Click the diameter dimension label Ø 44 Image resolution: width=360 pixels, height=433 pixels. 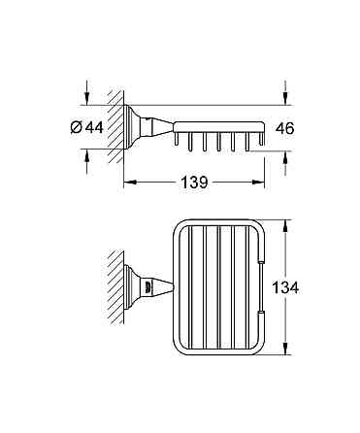pyautogui.click(x=86, y=127)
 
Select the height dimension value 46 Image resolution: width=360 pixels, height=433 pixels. pyautogui.click(x=284, y=128)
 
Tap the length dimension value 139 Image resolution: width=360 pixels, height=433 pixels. pyautogui.click(x=194, y=183)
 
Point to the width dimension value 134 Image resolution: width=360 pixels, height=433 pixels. pyautogui.click(x=285, y=287)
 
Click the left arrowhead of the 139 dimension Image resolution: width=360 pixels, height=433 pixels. pyautogui.click(x=130, y=183)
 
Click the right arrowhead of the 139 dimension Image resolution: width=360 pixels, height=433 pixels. pyautogui.click(x=259, y=183)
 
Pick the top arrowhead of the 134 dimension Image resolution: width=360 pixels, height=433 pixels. pyautogui.click(x=285, y=226)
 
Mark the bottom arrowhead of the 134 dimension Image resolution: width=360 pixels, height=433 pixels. pyautogui.click(x=285, y=349)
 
